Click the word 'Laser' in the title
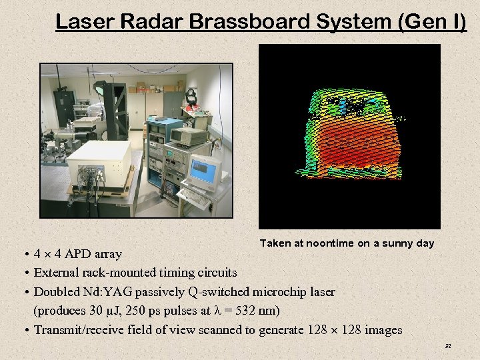tap(79, 22)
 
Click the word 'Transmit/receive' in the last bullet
tap(77, 330)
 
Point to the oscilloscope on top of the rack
tap(183, 135)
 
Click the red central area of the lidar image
tap(350, 143)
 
